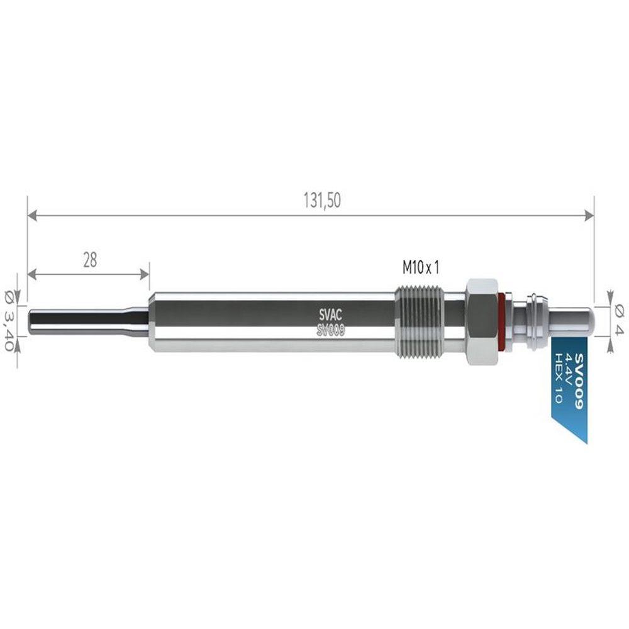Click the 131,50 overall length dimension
(x=322, y=200)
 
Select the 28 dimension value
(x=90, y=260)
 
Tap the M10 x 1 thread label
(x=421, y=267)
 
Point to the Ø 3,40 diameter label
(x=9, y=321)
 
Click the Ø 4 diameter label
(x=620, y=320)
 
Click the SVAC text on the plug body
(x=331, y=315)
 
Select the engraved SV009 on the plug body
(x=331, y=330)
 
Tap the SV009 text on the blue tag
(x=579, y=381)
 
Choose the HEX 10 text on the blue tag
(x=558, y=378)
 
